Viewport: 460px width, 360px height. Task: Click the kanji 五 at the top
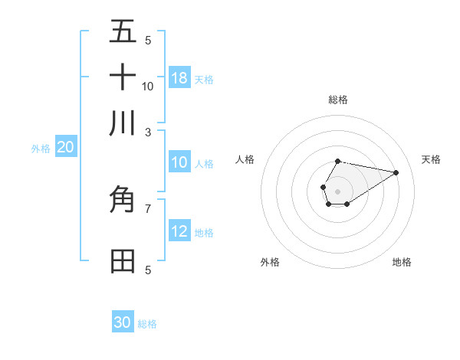tap(123, 31)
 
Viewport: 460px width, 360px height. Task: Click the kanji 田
tap(123, 261)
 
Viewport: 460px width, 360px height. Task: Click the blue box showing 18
tap(179, 78)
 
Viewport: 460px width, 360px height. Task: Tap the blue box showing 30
tap(123, 322)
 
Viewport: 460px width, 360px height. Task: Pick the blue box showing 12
tap(179, 232)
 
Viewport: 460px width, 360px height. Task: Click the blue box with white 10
tap(179, 162)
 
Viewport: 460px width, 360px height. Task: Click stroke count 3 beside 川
tap(148, 132)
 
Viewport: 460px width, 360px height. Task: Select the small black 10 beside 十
tap(148, 86)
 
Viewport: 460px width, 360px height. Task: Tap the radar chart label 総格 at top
tap(337, 100)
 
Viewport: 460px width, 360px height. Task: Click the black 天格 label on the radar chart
tap(431, 159)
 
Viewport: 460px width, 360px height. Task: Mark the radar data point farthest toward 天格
tap(396, 172)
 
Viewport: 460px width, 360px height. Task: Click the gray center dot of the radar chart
tap(337, 190)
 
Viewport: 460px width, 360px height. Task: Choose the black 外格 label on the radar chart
tap(270, 262)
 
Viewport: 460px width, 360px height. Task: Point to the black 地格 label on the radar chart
tap(402, 262)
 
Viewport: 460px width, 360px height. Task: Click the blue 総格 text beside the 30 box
tap(147, 324)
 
